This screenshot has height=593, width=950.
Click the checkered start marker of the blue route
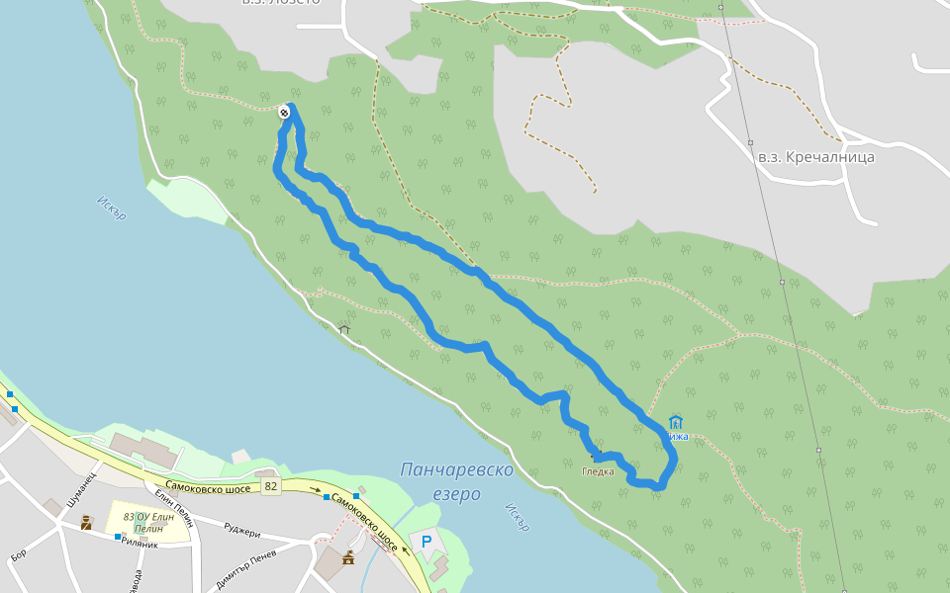pyautogui.click(x=285, y=113)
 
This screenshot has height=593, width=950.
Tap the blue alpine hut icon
pyautogui.click(x=676, y=422)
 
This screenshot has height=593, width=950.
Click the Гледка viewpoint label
pyautogui.click(x=598, y=471)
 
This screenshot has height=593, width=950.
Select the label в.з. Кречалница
pyautogui.click(x=815, y=156)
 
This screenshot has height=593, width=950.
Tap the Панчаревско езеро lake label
pyautogui.click(x=457, y=479)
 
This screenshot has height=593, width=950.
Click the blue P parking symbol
pyautogui.click(x=427, y=542)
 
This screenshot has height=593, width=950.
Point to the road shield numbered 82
pyautogui.click(x=271, y=487)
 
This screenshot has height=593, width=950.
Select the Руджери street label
pyautogui.click(x=241, y=531)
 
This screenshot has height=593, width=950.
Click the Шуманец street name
pyautogui.click(x=79, y=491)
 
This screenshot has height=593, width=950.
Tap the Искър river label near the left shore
pyautogui.click(x=111, y=208)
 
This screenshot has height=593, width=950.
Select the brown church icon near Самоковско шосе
pyautogui.click(x=347, y=558)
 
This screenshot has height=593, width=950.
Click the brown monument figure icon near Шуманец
pyautogui.click(x=86, y=522)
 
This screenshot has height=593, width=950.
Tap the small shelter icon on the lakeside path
pyautogui.click(x=344, y=329)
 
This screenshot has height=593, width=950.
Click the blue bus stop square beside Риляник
pyautogui.click(x=118, y=537)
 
